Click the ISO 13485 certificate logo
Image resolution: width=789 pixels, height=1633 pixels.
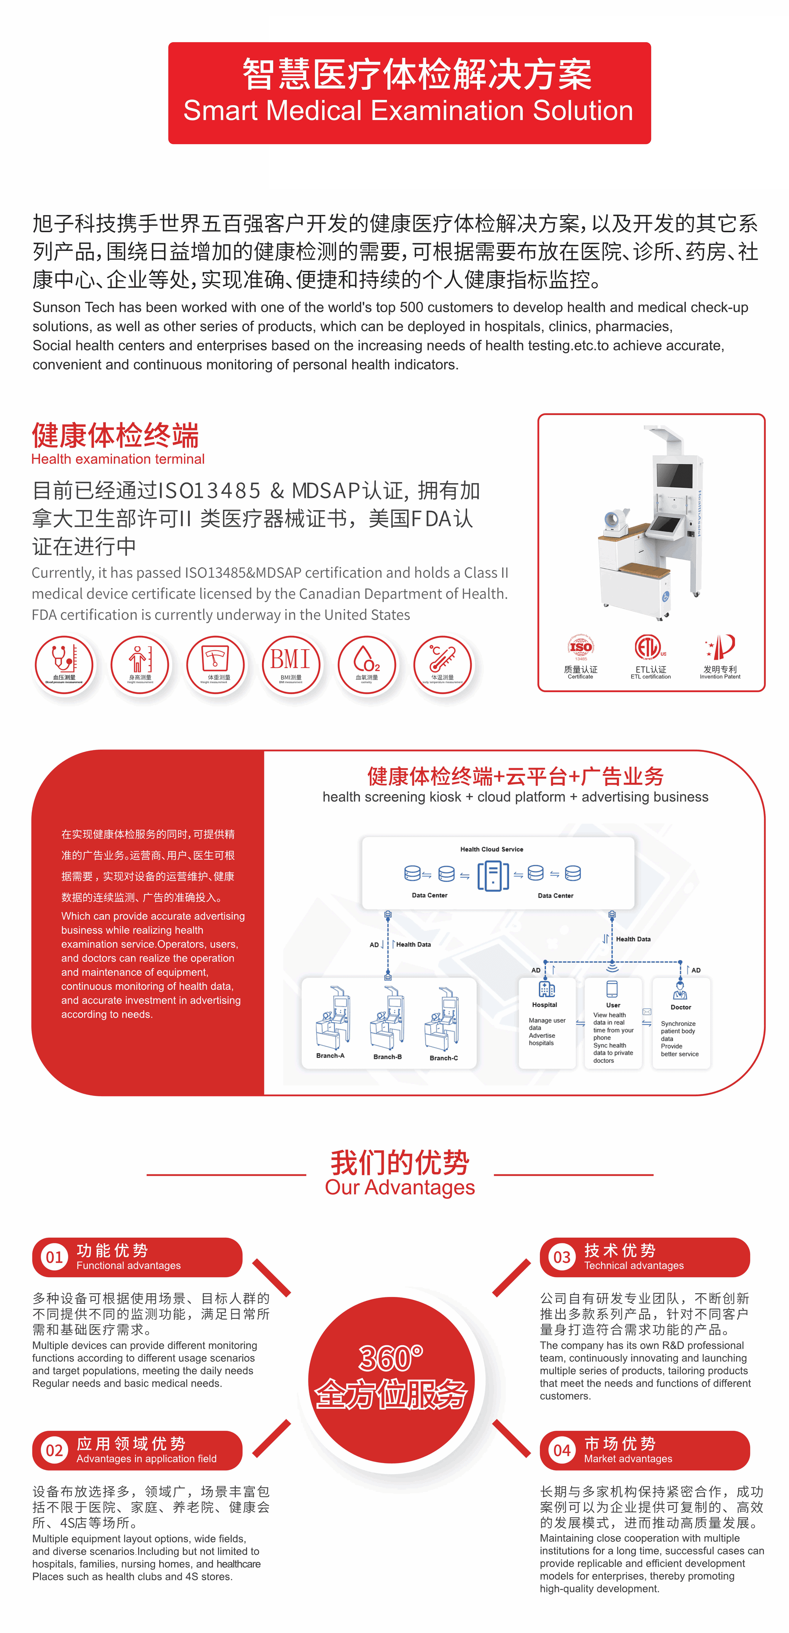(580, 647)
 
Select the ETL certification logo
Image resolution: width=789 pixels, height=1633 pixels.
(648, 647)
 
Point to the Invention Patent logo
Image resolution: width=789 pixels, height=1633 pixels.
(721, 647)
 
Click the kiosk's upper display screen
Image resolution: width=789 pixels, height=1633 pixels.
(674, 476)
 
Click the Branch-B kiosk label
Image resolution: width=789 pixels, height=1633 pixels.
(387, 1057)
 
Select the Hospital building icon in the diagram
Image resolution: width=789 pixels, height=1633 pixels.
(546, 989)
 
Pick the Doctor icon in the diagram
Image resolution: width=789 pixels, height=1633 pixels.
(680, 990)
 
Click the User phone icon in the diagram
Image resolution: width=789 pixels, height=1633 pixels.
(612, 989)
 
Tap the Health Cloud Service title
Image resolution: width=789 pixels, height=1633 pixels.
(492, 849)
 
